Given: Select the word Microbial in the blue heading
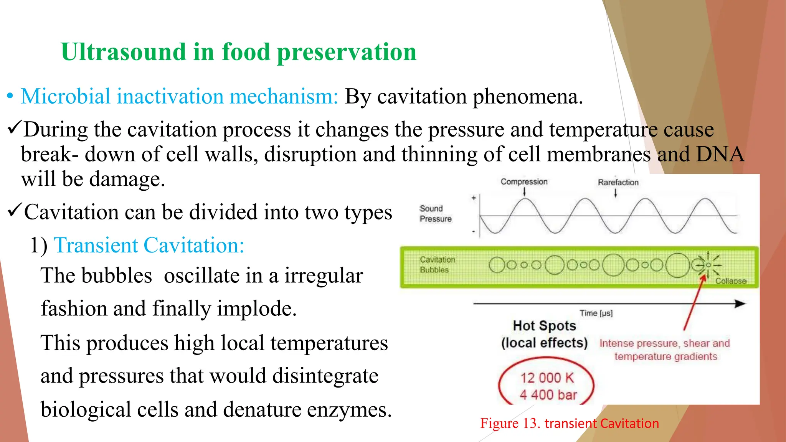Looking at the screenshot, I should [65, 96].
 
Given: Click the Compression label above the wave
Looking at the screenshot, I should [524, 182].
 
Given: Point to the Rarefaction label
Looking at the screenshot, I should [618, 183].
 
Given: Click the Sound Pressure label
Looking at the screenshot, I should [435, 214].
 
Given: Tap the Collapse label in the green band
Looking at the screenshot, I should [730, 281].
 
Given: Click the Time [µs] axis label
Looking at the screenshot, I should [596, 313].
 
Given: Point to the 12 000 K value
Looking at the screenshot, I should [547, 378].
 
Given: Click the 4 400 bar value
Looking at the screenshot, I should [548, 395].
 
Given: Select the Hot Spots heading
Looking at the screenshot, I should [544, 326].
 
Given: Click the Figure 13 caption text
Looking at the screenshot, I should [569, 424].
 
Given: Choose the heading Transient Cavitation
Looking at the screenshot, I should [149, 245].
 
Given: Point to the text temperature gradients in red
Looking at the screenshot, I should [665, 357].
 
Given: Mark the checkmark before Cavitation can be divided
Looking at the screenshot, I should [14, 211].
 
